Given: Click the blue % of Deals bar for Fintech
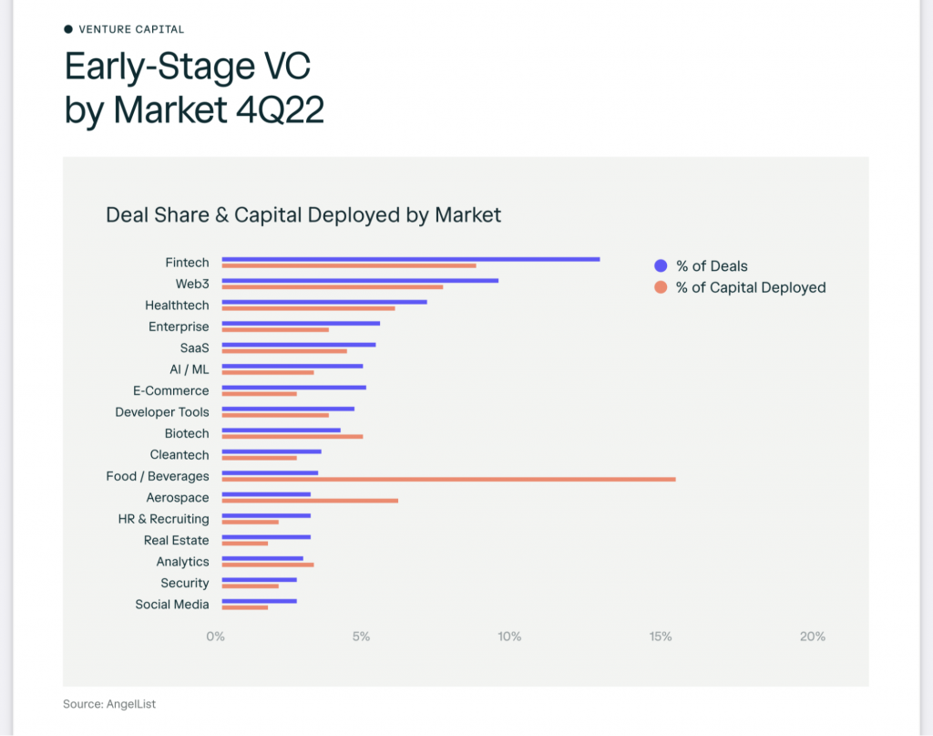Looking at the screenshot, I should pos(410,259).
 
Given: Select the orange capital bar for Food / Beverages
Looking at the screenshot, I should pos(448,479).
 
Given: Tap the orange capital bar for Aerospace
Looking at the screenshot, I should pos(310,501).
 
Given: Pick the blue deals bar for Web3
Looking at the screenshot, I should pos(360,280).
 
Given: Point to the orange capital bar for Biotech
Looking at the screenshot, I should pos(292,436).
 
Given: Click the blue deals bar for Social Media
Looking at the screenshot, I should pos(259,601).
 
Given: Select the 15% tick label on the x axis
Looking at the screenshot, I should pos(661,637).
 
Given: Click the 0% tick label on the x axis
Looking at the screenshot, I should pos(215,637).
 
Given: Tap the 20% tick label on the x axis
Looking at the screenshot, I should pos(812,637).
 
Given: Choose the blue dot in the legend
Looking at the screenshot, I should pos(661,266).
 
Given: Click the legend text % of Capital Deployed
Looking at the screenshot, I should pos(751,287).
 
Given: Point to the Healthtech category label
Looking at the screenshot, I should pos(177,306).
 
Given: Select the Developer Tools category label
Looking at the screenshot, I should pos(162,412).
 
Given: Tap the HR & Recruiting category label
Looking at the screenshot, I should pos(163,519).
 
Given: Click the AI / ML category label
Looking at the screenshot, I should pos(190,369).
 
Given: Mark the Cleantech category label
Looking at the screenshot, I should pos(179,455).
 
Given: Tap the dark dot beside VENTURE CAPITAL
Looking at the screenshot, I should pos(68,29).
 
